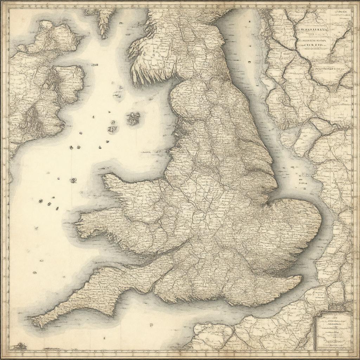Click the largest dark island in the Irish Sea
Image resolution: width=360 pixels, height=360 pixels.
[x=133, y=119]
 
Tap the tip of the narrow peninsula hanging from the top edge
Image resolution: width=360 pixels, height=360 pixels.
[x=103, y=36]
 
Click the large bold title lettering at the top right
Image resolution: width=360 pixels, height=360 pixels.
[x=314, y=31]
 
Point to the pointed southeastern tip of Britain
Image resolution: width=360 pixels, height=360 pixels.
[x=301, y=278]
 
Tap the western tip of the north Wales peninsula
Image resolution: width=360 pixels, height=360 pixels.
[x=104, y=176]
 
